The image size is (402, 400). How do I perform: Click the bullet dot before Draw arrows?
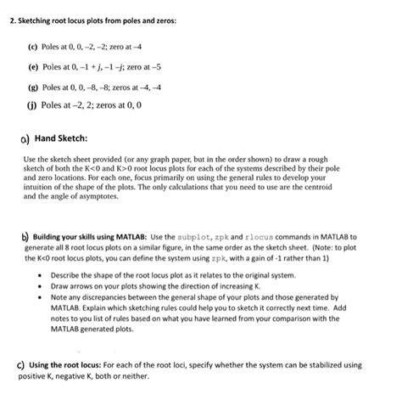[x=42, y=287]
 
